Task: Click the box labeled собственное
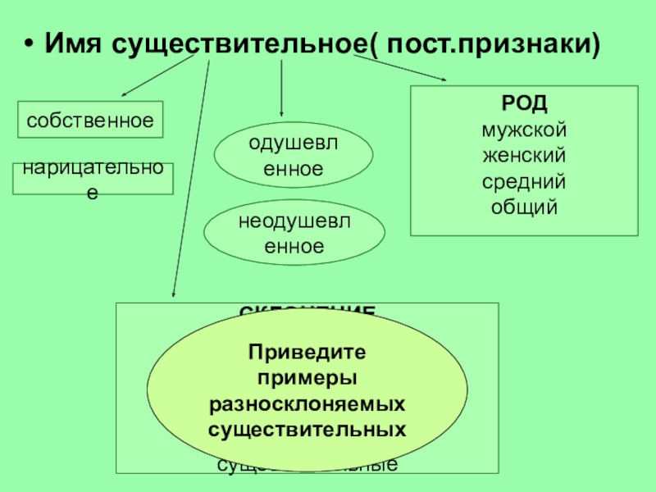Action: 90,120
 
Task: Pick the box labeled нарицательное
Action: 93,179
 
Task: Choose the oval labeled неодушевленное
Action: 293,233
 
